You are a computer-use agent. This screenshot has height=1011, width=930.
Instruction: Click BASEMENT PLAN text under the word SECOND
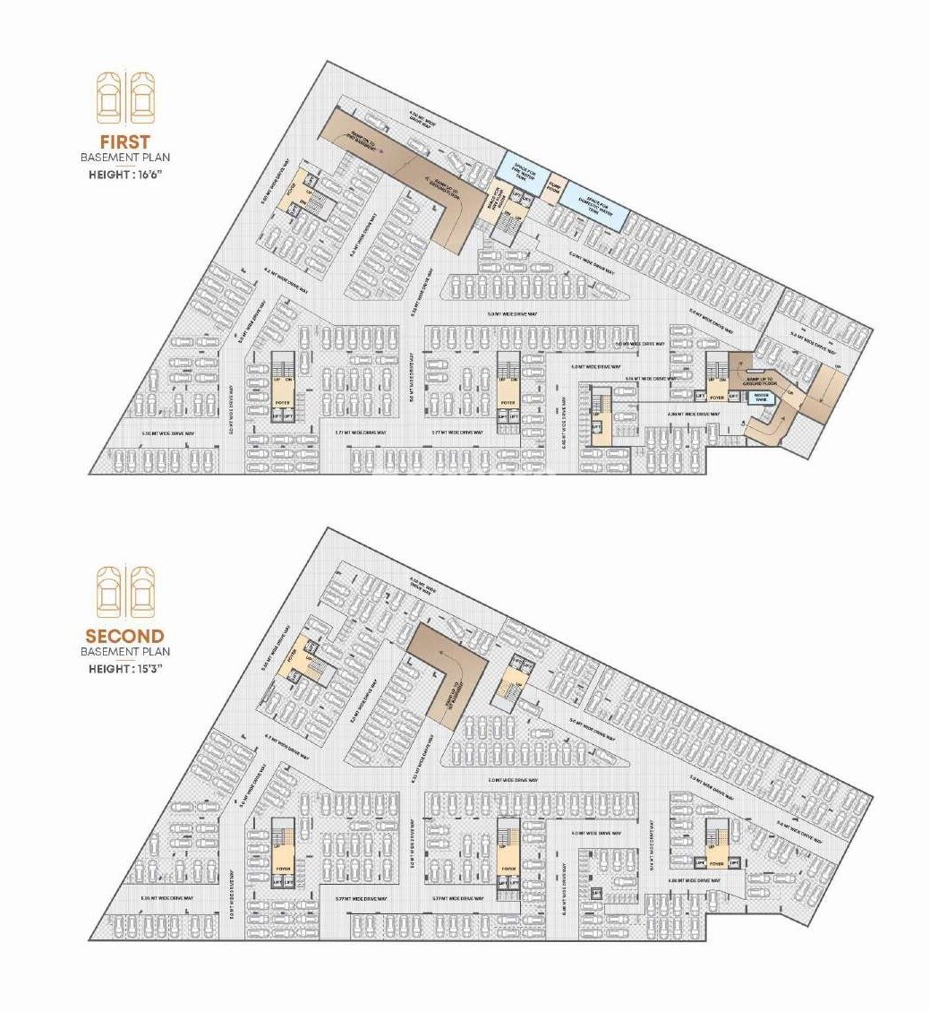[124, 652]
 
